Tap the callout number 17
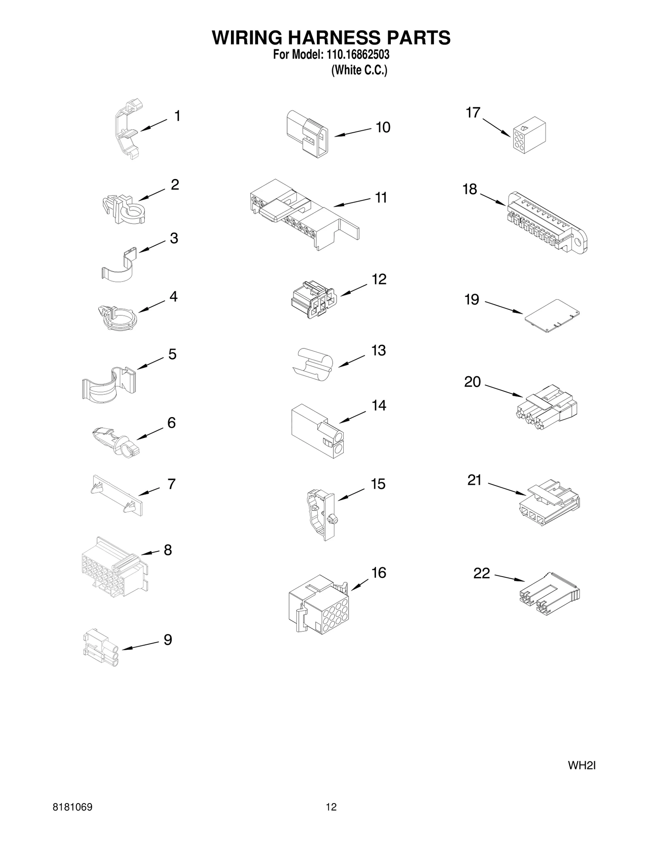(x=473, y=112)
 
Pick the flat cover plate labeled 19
(x=552, y=316)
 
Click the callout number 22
(x=481, y=573)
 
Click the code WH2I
(x=581, y=766)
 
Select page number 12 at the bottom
(x=331, y=807)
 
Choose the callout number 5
(x=172, y=354)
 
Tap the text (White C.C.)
(x=359, y=70)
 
